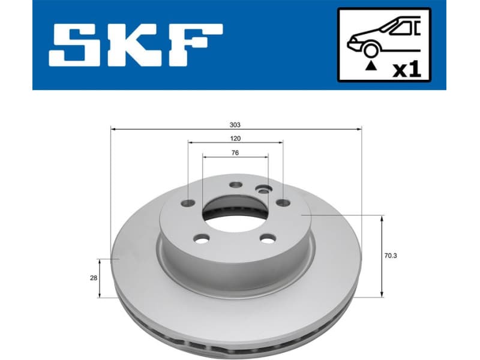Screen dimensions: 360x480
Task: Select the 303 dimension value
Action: pos(235,125)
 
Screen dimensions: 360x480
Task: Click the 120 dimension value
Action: pos(235,139)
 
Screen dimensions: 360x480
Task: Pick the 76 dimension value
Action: pos(235,153)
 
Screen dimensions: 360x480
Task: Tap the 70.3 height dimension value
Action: pos(390,256)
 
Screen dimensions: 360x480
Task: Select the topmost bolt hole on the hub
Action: pos(235,185)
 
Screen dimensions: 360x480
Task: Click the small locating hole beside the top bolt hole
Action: pos(262,190)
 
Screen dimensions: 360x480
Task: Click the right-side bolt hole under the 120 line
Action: pos(282,203)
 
